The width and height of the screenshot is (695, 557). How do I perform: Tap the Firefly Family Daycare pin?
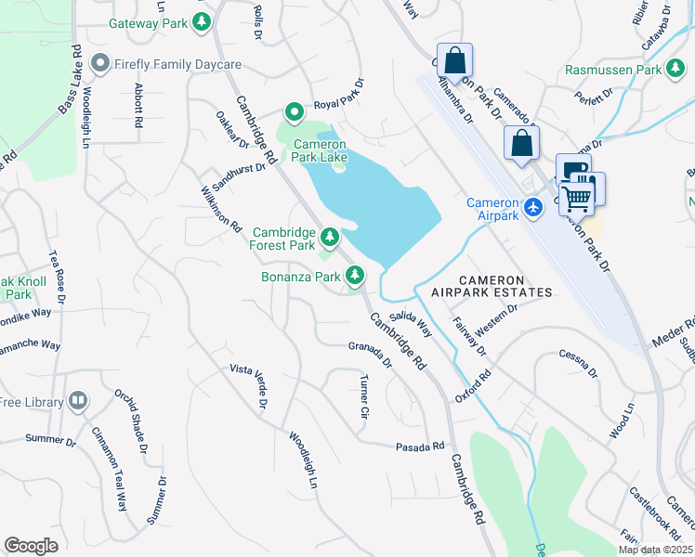(x=100, y=65)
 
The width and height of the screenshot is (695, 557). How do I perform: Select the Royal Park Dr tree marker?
(x=295, y=113)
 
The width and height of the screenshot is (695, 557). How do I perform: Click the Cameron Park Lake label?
(x=320, y=150)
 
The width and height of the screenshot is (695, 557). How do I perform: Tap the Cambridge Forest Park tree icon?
(x=329, y=236)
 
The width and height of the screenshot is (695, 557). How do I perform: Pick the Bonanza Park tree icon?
(x=354, y=275)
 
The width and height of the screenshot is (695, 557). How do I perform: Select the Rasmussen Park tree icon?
(x=675, y=70)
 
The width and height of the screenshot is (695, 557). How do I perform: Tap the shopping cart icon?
(x=578, y=195)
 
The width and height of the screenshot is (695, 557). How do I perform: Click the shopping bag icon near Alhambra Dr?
(x=454, y=61)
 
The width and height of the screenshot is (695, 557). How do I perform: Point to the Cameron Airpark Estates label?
(x=492, y=286)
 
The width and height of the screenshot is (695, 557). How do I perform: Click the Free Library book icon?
(x=78, y=401)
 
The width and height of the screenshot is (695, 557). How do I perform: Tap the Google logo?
(x=31, y=546)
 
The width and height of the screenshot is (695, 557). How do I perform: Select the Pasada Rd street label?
(x=420, y=447)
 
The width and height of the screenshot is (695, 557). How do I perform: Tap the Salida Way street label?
(x=411, y=323)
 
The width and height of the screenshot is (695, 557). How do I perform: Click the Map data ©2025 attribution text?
(x=655, y=550)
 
